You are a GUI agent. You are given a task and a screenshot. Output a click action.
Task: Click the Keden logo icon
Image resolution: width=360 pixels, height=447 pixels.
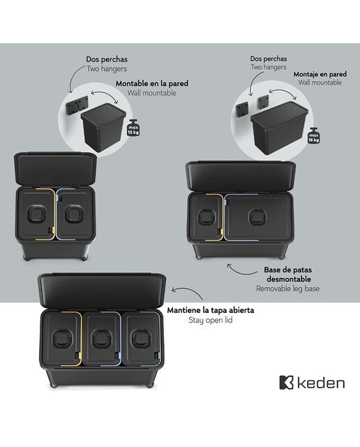(x=286, y=383)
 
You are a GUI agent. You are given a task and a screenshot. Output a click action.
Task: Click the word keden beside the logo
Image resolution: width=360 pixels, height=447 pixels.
(x=321, y=383)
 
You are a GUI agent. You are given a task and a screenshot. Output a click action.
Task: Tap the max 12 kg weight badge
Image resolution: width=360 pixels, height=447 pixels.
(x=133, y=129)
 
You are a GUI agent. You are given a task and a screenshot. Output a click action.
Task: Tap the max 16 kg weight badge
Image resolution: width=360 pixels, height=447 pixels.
(x=313, y=136)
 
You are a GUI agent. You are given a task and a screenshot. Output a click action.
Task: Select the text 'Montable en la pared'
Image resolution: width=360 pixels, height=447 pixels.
(x=152, y=84)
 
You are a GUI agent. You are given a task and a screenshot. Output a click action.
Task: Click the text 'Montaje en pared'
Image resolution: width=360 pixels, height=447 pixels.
(x=320, y=74)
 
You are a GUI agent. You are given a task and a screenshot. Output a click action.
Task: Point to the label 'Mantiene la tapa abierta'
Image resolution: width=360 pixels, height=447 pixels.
(x=211, y=310)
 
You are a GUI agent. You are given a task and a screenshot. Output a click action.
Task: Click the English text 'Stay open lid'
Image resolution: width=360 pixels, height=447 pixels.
(x=211, y=320)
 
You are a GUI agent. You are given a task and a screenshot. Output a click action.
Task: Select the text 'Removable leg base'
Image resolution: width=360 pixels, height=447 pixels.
(x=287, y=288)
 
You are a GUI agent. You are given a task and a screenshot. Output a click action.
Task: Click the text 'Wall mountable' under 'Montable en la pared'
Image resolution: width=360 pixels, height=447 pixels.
(x=152, y=93)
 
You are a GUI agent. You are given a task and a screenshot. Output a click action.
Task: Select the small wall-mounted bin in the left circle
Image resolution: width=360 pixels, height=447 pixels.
(x=103, y=128)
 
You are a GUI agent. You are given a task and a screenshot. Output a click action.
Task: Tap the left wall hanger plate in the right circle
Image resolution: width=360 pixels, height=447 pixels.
(x=242, y=110)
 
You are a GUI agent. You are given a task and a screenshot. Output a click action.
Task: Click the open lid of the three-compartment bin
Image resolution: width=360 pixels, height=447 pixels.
(x=102, y=291)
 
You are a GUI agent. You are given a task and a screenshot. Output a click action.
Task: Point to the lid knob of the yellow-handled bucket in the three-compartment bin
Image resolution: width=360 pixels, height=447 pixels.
(x=62, y=339)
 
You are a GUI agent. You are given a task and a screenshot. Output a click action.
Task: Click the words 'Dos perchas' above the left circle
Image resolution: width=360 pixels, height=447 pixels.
(x=107, y=59)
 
